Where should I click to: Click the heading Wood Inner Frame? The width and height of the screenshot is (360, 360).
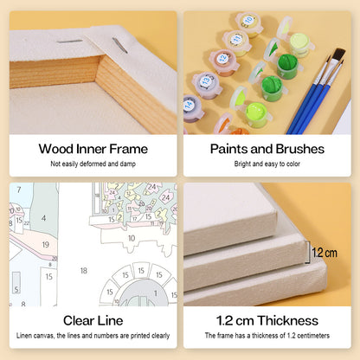(x=93, y=149)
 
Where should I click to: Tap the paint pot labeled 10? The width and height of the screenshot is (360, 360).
(x=249, y=24)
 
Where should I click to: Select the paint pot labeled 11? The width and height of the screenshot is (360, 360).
(x=237, y=42)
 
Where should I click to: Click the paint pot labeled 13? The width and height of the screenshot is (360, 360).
(x=207, y=84)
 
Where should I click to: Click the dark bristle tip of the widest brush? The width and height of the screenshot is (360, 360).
(x=339, y=55)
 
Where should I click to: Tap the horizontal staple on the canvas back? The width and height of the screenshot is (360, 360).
(x=69, y=42)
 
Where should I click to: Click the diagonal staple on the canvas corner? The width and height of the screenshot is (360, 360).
(x=119, y=45)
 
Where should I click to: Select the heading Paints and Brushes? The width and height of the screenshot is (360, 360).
(x=267, y=149)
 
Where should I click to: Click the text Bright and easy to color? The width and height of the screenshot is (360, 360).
(x=267, y=164)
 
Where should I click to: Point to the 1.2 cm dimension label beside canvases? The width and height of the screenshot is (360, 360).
(x=325, y=253)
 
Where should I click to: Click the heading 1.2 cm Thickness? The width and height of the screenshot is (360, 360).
(x=267, y=321)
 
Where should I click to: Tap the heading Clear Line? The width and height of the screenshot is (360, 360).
(x=93, y=321)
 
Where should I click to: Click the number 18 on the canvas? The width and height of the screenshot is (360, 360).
(x=84, y=271)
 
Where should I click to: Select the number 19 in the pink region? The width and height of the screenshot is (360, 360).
(x=46, y=245)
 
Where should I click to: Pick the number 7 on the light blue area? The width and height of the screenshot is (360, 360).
(x=19, y=190)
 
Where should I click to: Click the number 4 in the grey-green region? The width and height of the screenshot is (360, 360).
(x=43, y=218)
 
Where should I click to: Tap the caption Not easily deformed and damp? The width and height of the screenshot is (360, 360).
(x=93, y=164)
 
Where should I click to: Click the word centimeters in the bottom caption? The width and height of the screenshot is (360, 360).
(x=313, y=336)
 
